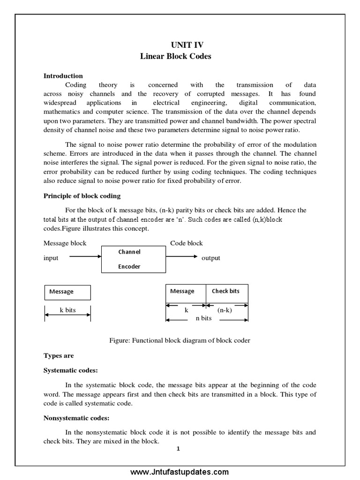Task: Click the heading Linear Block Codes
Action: point(176,56)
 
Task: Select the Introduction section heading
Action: point(63,76)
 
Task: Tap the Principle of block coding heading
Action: point(82,195)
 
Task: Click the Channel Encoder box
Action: point(134,259)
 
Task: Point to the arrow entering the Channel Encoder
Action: point(86,256)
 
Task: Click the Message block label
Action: point(65,243)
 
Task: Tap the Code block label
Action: point(186,243)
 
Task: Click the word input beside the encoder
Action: point(51,258)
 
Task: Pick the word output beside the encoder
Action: point(210,258)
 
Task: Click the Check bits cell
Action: point(226,292)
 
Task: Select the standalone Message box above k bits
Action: point(67,292)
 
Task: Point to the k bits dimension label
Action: point(67,310)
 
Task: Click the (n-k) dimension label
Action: point(225,310)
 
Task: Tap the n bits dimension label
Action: point(203,318)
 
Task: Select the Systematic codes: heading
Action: point(71,370)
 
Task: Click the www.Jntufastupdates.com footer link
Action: point(180,472)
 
